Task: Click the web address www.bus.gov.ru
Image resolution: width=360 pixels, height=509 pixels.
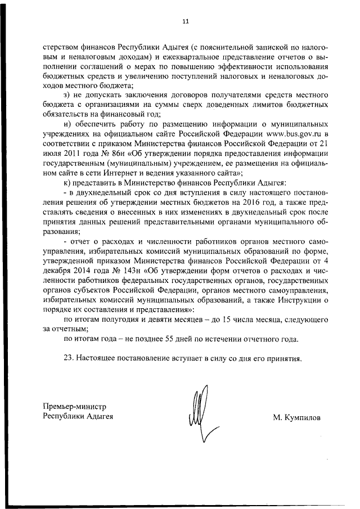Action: (x=287, y=133)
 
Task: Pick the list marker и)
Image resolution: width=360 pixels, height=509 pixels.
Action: (x=67, y=123)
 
